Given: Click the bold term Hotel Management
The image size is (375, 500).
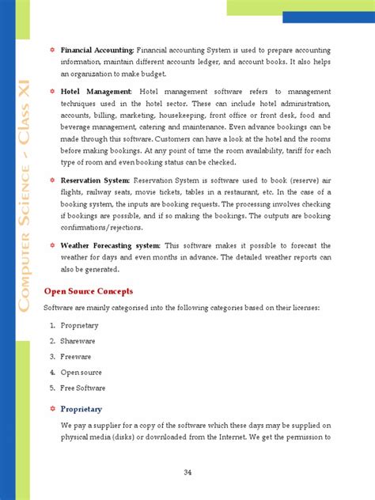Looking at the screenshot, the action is click(x=96, y=91).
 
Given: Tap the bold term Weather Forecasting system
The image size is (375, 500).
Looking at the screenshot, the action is click(x=110, y=245).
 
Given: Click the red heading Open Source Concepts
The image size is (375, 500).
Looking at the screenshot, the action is click(x=88, y=291).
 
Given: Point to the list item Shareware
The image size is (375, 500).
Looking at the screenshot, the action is click(x=78, y=340).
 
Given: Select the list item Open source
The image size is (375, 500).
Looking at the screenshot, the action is click(x=81, y=372).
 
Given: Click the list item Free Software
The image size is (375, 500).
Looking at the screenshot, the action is click(x=83, y=388).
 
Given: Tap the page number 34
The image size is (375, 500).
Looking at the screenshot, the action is click(x=187, y=472).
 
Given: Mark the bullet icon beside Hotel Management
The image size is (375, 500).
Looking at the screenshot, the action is click(x=52, y=91).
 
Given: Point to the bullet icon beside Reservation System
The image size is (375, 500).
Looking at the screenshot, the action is click(x=52, y=180).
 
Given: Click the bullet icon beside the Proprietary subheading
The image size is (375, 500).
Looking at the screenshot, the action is click(x=52, y=409).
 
